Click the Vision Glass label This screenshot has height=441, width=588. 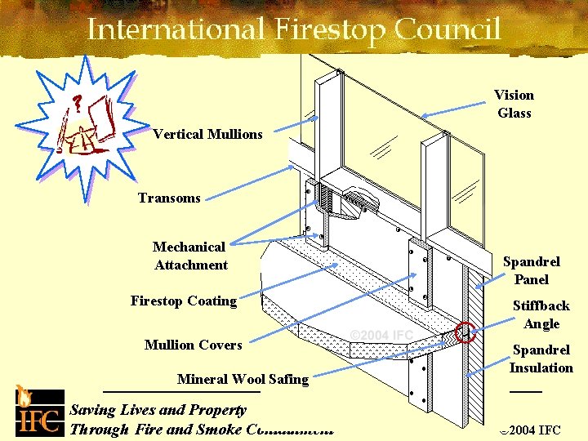(514, 105)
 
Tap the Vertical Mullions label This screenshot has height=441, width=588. (207, 134)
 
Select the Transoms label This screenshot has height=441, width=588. (169, 198)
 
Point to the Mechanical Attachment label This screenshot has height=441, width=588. (189, 256)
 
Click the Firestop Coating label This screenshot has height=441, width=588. (183, 301)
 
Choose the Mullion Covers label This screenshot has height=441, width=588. (193, 345)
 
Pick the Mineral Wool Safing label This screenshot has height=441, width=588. (243, 378)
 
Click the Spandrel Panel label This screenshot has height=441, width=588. (531, 270)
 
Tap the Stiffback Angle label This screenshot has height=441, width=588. (541, 314)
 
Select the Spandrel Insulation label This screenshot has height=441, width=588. (541, 359)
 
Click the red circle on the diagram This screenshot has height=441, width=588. (465, 332)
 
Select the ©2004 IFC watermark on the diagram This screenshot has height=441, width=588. (381, 335)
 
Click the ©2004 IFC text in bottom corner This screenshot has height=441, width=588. (532, 430)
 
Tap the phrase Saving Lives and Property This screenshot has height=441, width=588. (158, 410)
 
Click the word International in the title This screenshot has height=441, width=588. (176, 30)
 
